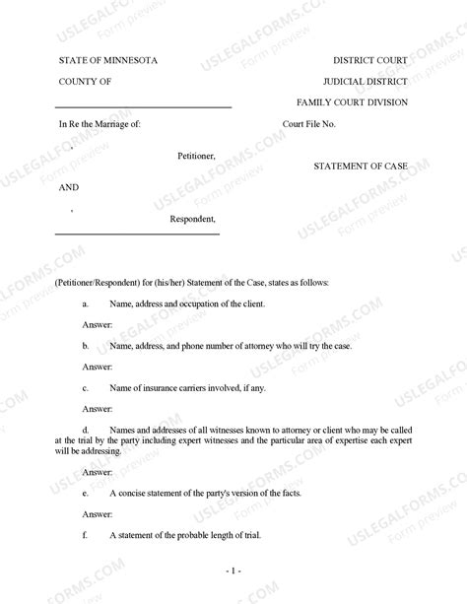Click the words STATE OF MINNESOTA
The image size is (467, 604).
click(107, 60)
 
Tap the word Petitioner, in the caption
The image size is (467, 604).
click(196, 156)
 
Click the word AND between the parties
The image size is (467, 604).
click(68, 187)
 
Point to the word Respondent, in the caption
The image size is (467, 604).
click(193, 219)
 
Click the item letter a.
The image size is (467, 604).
click(86, 304)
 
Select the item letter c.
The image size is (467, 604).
click(86, 389)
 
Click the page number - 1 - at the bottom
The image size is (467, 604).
click(233, 571)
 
